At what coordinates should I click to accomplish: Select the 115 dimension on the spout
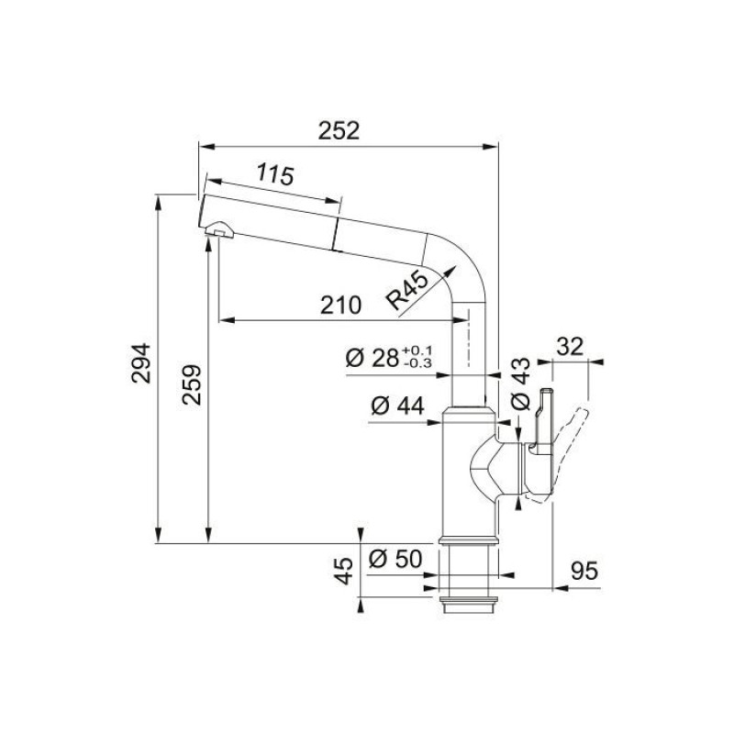click(x=274, y=174)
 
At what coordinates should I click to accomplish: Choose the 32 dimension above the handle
click(x=570, y=347)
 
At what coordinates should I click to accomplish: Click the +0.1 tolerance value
click(x=417, y=350)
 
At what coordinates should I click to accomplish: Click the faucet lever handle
click(x=573, y=432)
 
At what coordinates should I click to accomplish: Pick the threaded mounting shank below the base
click(x=469, y=573)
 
